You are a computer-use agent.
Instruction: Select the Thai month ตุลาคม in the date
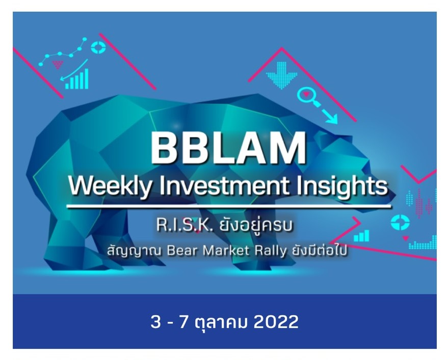tap(222, 322)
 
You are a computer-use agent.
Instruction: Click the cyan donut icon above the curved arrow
tap(98, 48)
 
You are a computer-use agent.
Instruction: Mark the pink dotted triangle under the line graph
tap(58, 64)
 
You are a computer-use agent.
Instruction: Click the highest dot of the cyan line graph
tap(85, 40)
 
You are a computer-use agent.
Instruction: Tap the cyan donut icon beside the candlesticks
tap(400, 222)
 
